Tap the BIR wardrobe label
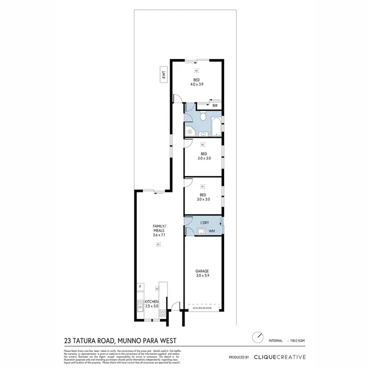[215, 105]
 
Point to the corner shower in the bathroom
[189, 131]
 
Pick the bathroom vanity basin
[203, 133]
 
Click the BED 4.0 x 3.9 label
[197, 82]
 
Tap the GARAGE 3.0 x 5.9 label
[202, 273]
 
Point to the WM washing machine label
[211, 231]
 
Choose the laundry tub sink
[200, 231]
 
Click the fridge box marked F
[140, 286]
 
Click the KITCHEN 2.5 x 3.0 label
[152, 304]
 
